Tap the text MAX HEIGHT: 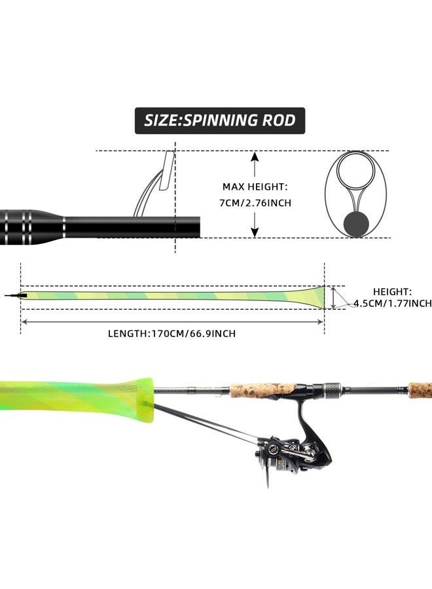pyautogui.click(x=255, y=187)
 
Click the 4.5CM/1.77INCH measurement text pyautogui.click(x=392, y=303)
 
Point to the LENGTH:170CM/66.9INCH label pyautogui.click(x=171, y=334)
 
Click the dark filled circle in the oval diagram pyautogui.click(x=356, y=223)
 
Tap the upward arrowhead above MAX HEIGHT pyautogui.click(x=255, y=157)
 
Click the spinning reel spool pyautogui.click(x=275, y=452)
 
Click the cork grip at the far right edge pyautogui.click(x=420, y=390)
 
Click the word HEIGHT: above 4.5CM pyautogui.click(x=392, y=292)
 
